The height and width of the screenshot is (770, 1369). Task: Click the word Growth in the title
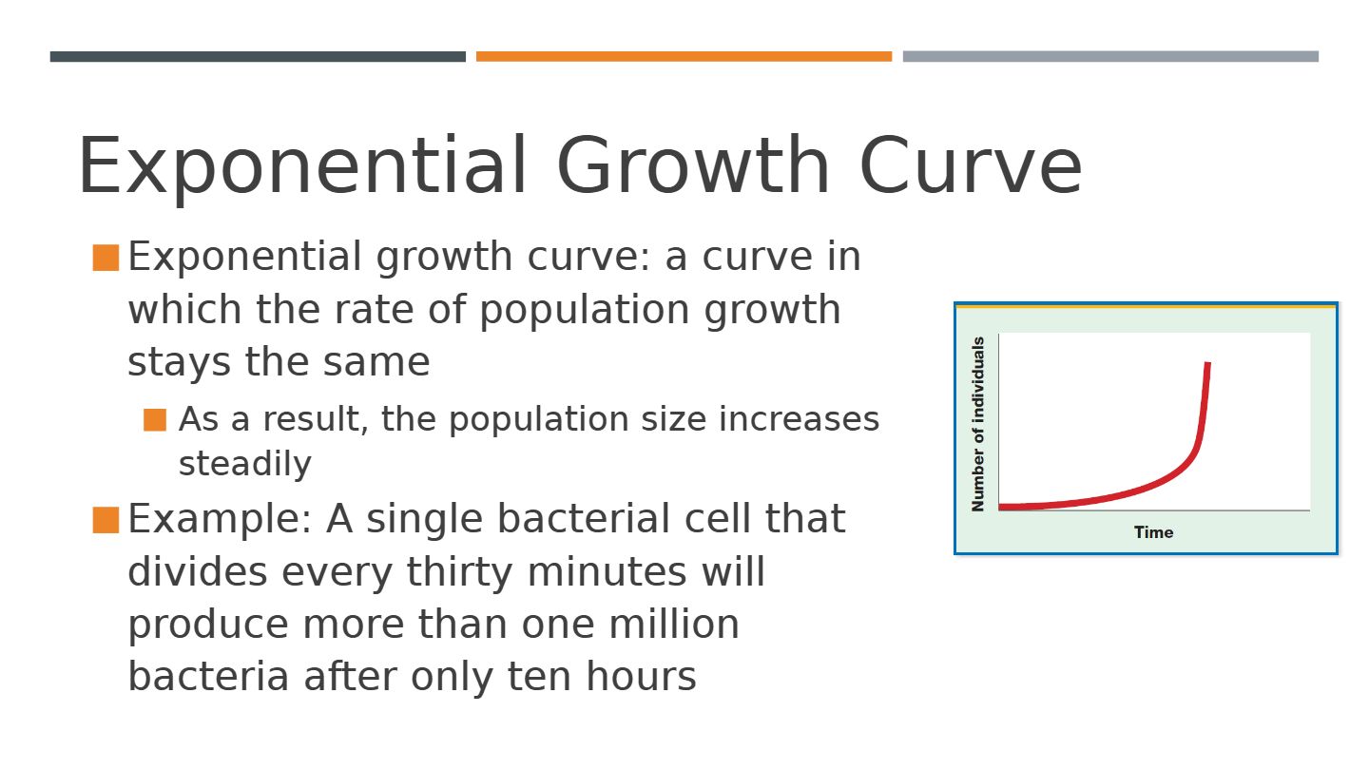coord(692,165)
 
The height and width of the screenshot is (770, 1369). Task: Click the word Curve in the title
coord(972,165)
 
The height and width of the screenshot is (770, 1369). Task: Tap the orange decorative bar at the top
coord(684,56)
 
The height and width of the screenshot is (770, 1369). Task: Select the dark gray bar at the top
coord(258,56)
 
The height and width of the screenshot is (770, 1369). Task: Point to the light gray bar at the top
coord(1110,56)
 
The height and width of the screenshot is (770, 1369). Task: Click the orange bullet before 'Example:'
coord(106,519)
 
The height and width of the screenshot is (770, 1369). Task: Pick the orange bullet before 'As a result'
coord(155,420)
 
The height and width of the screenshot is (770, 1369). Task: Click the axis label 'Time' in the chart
coord(1153,532)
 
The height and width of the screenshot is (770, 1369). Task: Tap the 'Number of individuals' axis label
coord(978,424)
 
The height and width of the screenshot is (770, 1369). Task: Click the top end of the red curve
coord(1207,363)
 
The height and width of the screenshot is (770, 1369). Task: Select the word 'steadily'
coord(245,465)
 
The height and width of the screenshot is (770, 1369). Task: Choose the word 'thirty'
coord(459,573)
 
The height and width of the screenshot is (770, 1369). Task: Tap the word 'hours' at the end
coord(641,677)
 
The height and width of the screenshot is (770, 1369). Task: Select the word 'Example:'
coord(220,519)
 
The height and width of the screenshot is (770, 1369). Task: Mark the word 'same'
coord(376,362)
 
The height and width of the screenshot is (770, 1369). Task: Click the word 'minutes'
coord(607,572)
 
